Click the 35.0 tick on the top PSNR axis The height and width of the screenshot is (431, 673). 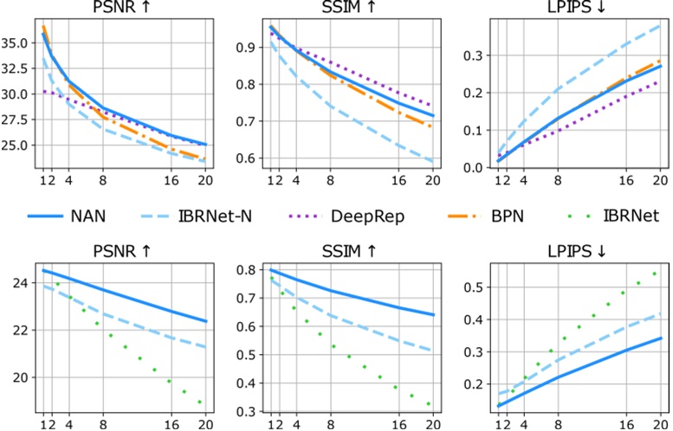pyautogui.click(x=18, y=42)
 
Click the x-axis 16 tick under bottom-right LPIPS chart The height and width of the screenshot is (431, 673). pyautogui.click(x=622, y=424)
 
